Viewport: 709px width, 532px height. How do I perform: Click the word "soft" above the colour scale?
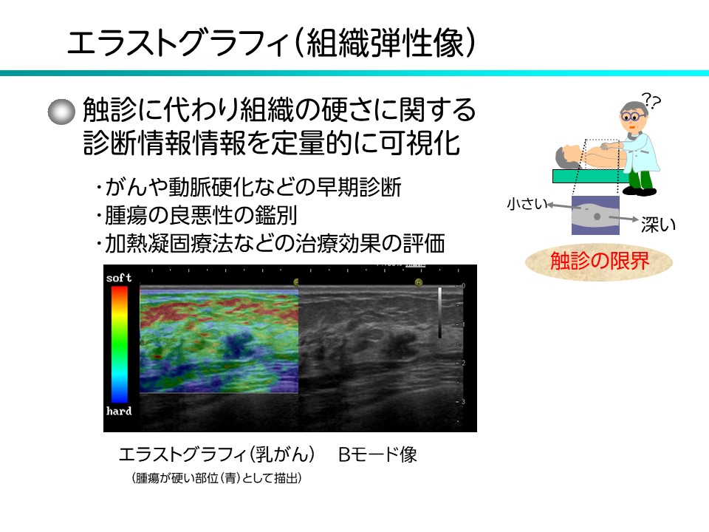(119, 279)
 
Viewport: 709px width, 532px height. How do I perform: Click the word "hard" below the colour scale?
(119, 411)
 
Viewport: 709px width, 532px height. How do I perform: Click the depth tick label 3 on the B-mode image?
(463, 401)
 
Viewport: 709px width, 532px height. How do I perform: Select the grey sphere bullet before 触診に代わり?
(62, 112)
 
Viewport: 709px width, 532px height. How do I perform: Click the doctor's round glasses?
(629, 117)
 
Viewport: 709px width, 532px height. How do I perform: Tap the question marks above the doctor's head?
(651, 100)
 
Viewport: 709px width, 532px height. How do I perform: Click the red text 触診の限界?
(598, 262)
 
